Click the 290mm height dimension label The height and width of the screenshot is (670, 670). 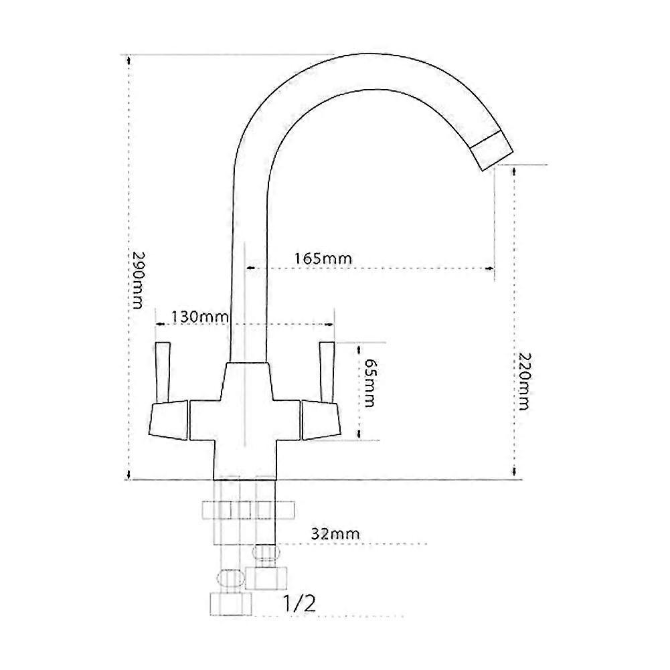point(137,280)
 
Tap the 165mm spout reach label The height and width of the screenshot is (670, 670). point(323,258)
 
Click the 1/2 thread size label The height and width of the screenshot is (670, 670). point(299,604)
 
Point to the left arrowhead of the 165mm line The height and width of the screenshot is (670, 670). point(250,269)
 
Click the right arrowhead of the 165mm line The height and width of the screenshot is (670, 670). point(491,269)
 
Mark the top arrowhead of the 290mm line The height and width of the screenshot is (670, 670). point(127,59)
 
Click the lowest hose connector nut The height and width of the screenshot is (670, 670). point(230,604)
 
